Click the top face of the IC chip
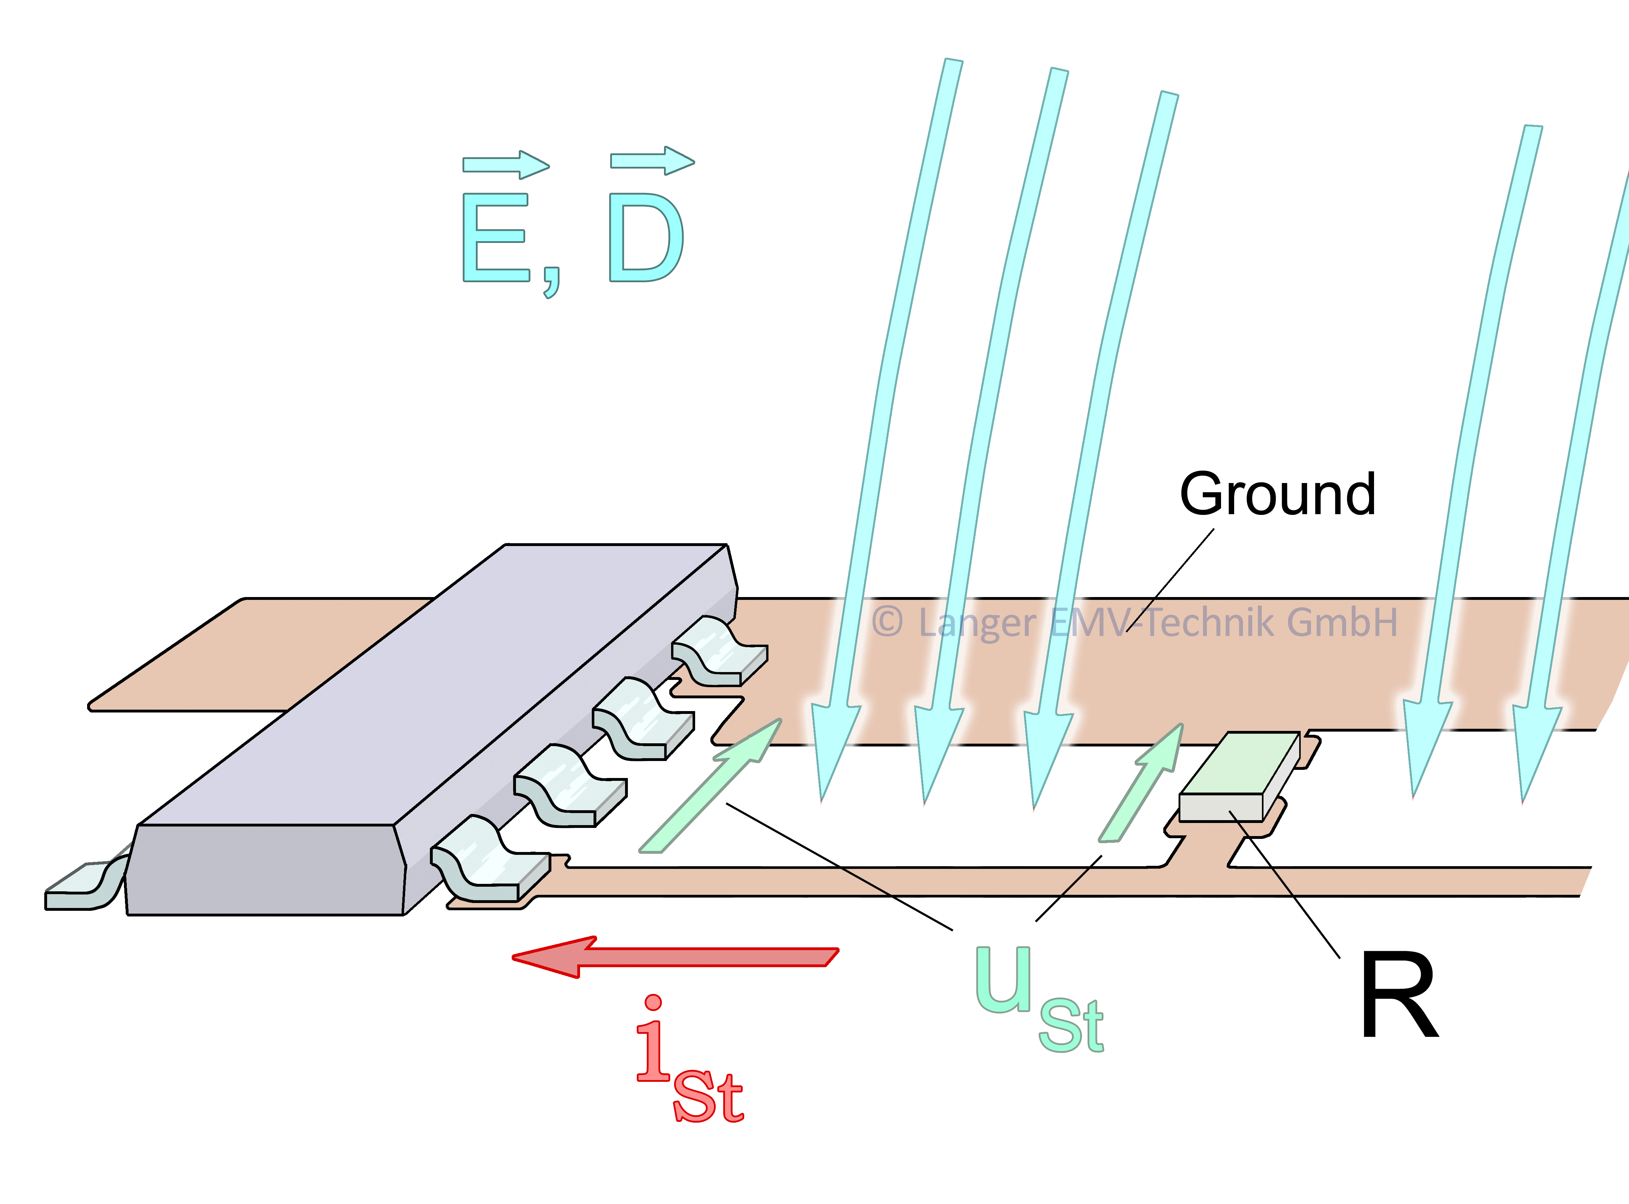tap(437, 685)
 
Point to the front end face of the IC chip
tap(266, 871)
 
